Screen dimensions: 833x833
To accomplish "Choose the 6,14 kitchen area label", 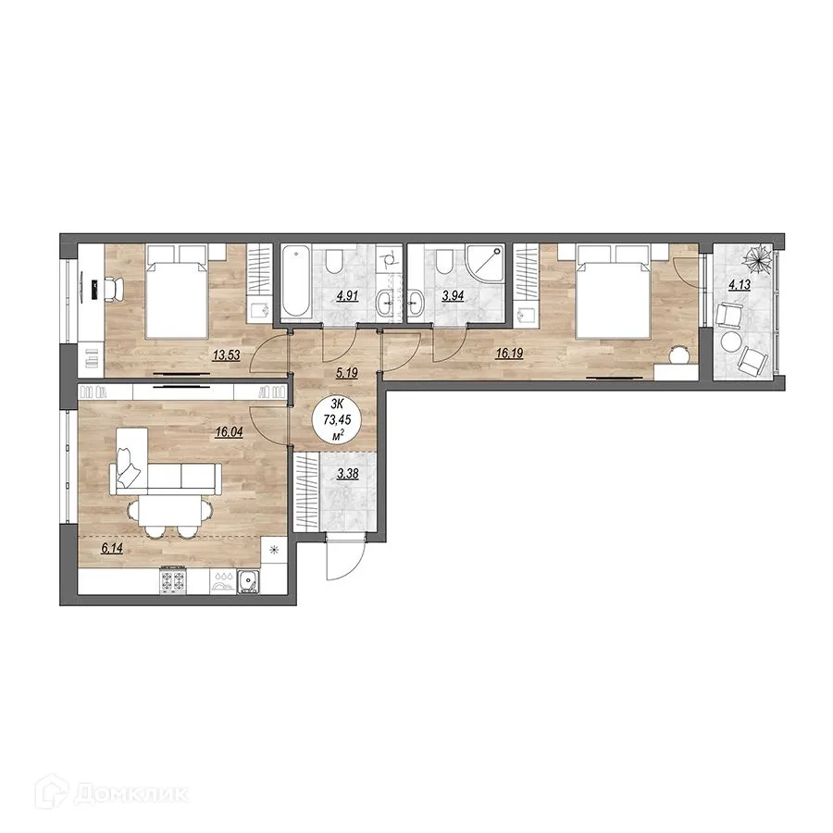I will [111, 548].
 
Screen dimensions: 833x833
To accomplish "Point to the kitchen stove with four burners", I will [175, 580].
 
